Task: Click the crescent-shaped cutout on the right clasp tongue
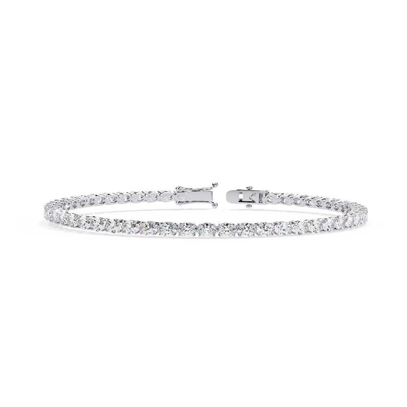[x=253, y=196]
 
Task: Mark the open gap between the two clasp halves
[x=221, y=196]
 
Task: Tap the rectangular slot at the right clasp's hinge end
[x=260, y=197]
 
